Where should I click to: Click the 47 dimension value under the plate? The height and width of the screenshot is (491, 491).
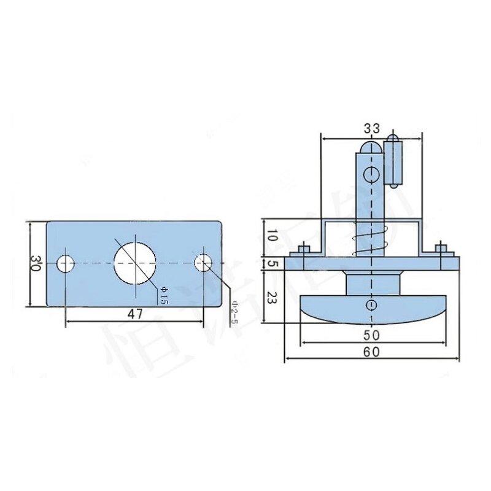[x=135, y=314]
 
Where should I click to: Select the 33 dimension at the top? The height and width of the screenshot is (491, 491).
[x=371, y=128]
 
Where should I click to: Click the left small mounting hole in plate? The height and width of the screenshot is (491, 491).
[x=65, y=263]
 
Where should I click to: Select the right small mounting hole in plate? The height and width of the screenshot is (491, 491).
[x=203, y=263]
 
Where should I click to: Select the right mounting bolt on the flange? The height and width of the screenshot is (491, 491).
[x=439, y=252]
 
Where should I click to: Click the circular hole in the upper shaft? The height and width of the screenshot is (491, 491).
[x=370, y=175]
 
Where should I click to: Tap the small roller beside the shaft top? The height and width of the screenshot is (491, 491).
[x=392, y=163]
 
